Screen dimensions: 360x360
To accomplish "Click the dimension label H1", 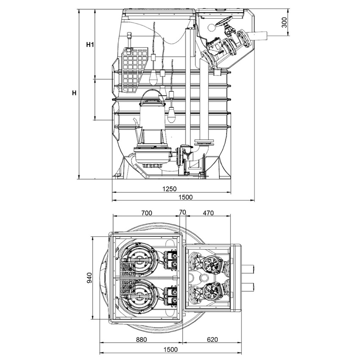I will pos(89,44).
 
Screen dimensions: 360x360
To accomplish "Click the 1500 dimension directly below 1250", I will pos(185,197).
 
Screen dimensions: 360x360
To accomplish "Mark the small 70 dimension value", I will pos(183,213).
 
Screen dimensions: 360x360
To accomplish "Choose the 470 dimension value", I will pos(208,213).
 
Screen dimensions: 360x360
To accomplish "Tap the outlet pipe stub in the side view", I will pos(259,35).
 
